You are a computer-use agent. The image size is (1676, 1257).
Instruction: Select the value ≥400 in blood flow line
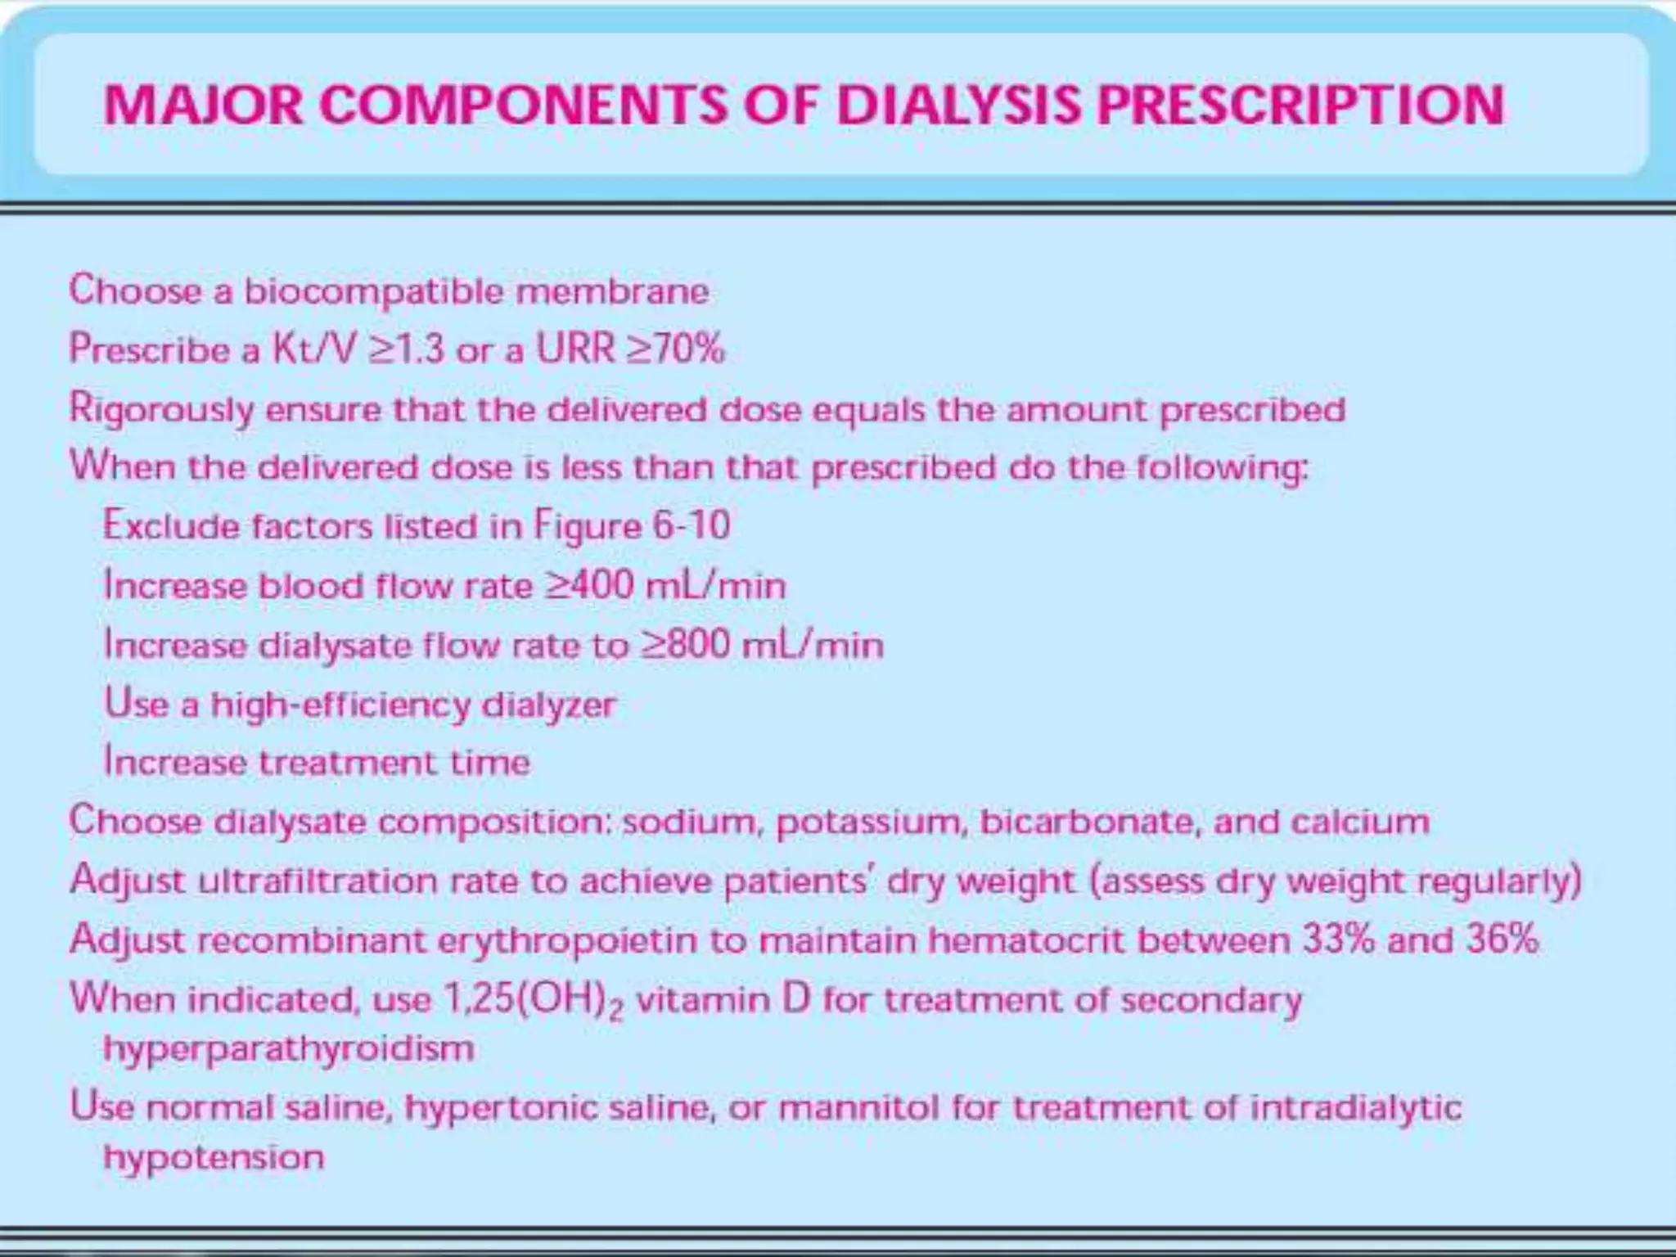pos(589,585)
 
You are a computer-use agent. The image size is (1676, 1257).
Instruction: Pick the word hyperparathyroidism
pos(289,1048)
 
